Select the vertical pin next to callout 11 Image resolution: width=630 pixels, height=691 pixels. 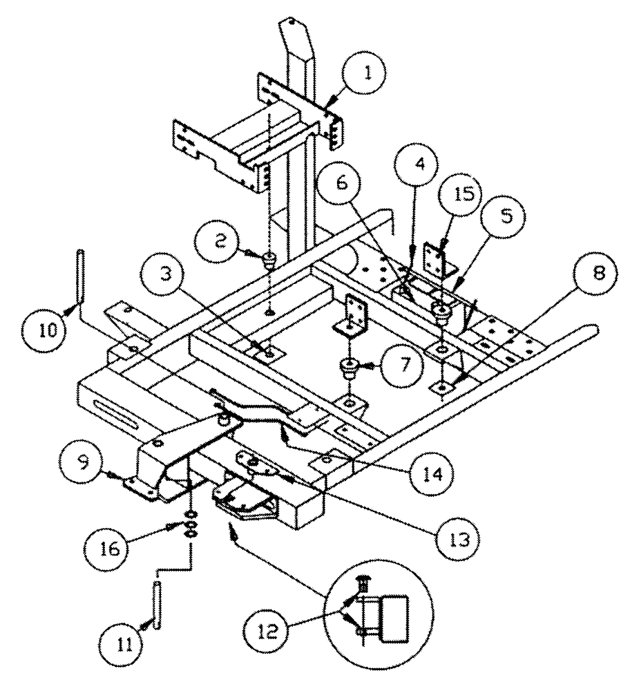pos(158,606)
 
